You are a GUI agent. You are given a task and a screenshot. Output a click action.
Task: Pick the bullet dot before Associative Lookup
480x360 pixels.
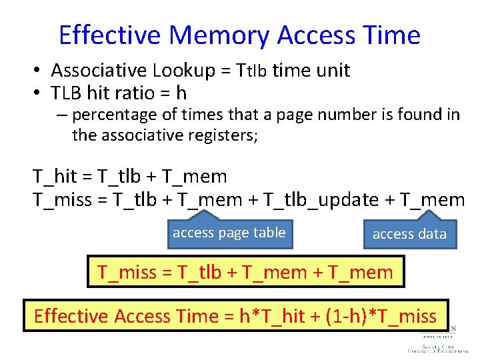[40, 71]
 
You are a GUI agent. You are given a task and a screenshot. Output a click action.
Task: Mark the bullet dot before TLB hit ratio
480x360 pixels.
[40, 93]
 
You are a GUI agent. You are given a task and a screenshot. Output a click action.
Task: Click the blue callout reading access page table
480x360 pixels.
[229, 233]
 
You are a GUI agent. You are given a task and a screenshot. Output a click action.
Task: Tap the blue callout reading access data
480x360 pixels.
[409, 234]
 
